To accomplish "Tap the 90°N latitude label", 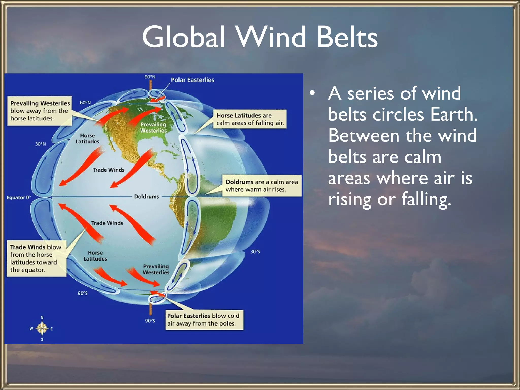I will (150, 77).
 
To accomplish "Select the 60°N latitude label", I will (85, 103).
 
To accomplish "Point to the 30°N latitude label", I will (40, 144).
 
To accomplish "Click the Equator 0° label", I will (19, 197).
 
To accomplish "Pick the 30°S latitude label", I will (255, 252).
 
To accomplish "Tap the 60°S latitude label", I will (83, 293).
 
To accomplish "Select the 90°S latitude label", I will (150, 321).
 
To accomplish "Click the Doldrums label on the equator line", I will (146, 197).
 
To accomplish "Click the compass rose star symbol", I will (42, 329).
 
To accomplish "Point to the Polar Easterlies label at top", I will (192, 80).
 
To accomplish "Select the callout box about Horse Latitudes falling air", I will (250, 119).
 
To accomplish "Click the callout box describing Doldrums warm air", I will (262, 186).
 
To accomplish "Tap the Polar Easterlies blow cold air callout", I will (204, 320).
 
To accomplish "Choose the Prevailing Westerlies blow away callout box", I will (40, 111).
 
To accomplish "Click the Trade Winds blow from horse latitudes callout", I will (36, 258).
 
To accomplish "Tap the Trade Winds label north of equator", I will (108, 170).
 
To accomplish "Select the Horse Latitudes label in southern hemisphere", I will (95, 256).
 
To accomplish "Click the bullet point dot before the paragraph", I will (312, 93).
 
